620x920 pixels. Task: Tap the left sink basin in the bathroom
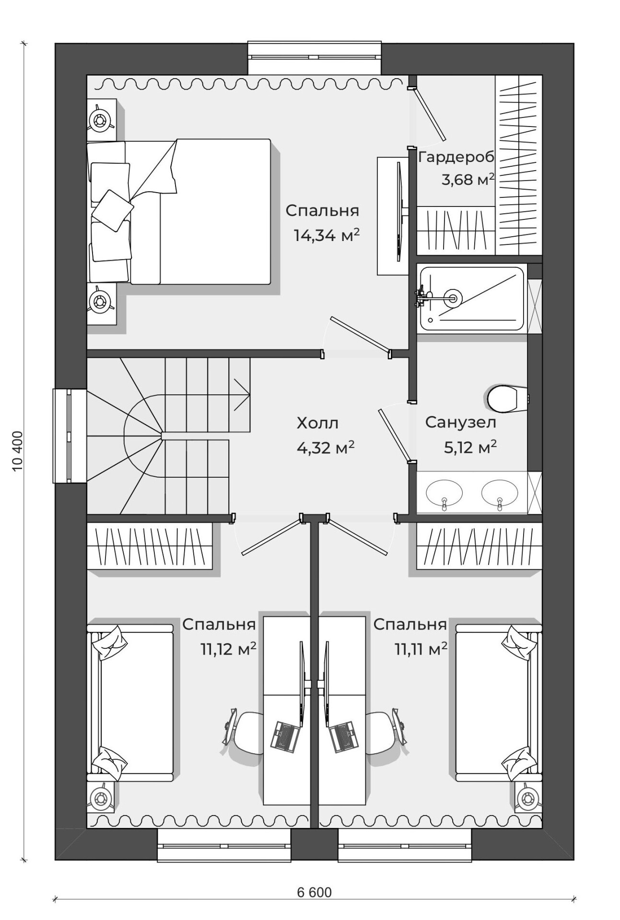pos(444,493)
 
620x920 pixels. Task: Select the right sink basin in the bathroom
pos(500,493)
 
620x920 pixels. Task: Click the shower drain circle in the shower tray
pos(452,297)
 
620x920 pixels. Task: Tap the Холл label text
pos(317,423)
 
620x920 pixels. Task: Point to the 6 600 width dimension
pos(314,892)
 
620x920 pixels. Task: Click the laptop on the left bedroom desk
pos(286,736)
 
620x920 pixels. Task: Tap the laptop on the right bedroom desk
pos(344,736)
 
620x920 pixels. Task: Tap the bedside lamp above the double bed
pos(101,120)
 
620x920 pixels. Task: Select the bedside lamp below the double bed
pos(101,302)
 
